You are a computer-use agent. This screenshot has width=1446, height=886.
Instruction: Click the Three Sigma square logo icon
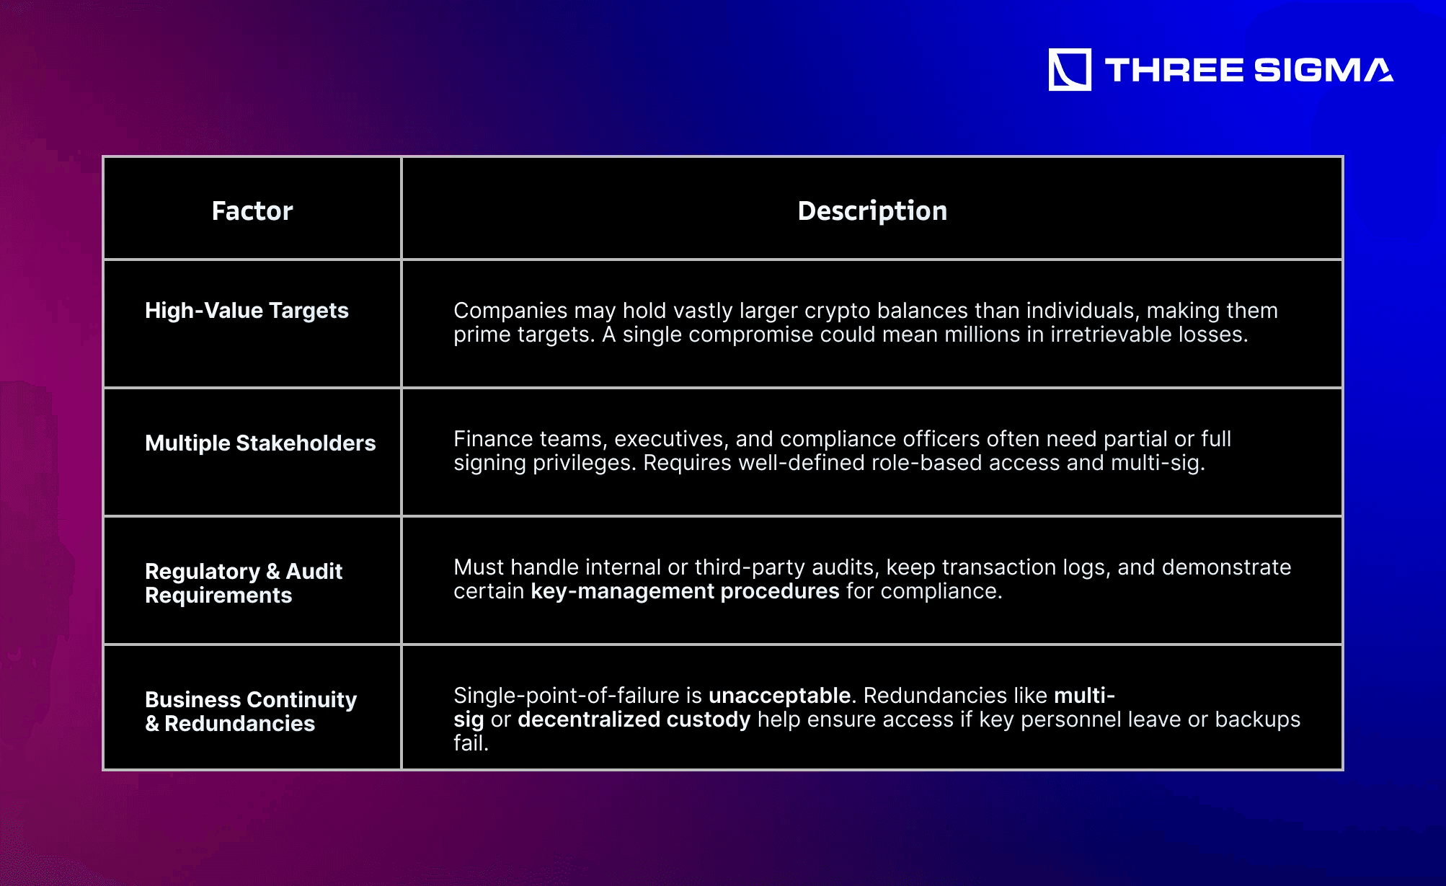pyautogui.click(x=1070, y=70)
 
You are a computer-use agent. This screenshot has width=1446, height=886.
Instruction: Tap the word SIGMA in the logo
pyautogui.click(x=1323, y=70)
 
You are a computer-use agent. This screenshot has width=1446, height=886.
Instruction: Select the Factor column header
pyautogui.click(x=252, y=211)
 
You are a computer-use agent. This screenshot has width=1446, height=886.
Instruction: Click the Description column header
pyautogui.click(x=872, y=211)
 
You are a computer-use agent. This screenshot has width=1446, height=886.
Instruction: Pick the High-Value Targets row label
pyautogui.click(x=247, y=311)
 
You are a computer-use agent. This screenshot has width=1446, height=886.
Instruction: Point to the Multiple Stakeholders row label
pyautogui.click(x=260, y=443)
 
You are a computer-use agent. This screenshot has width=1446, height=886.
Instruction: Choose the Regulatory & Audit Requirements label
pyautogui.click(x=244, y=583)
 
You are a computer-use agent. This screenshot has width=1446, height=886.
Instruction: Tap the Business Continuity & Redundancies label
pyautogui.click(x=251, y=712)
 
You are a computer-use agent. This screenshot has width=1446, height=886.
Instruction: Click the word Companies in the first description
pyautogui.click(x=510, y=311)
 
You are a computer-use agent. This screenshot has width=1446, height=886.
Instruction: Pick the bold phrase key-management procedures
pyautogui.click(x=685, y=591)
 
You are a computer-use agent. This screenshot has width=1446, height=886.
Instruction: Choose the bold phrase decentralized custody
pyautogui.click(x=634, y=719)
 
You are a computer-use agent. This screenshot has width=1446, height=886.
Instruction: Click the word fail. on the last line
pyautogui.click(x=471, y=743)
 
